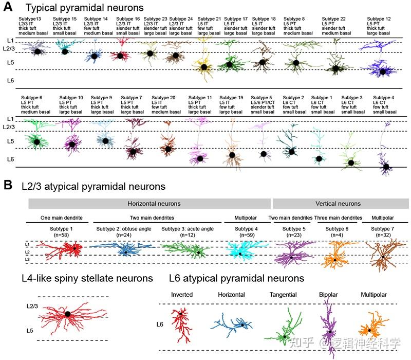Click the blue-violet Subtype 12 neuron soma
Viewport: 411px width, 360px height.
click(x=382, y=72)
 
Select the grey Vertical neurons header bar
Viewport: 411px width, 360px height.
click(x=341, y=204)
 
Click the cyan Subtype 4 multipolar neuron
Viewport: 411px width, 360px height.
click(x=240, y=252)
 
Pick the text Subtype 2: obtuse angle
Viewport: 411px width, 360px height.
click(x=123, y=229)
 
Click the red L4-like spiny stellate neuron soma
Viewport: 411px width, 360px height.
click(x=67, y=313)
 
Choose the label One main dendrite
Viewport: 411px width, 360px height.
click(x=61, y=218)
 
